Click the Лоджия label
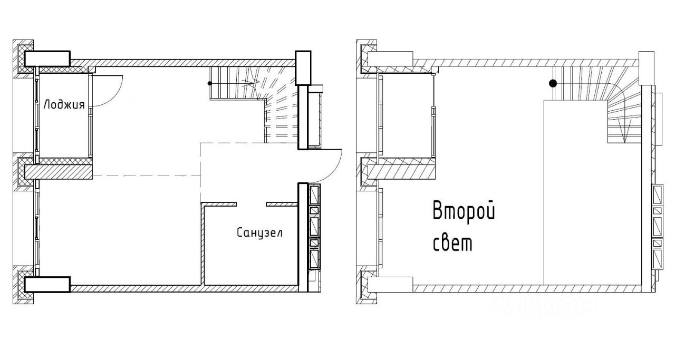pyautogui.click(x=64, y=104)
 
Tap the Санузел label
pyautogui.click(x=259, y=232)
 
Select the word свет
pyautogui.click(x=452, y=244)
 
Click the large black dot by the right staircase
pyautogui.click(x=552, y=83)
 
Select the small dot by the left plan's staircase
pyautogui.click(x=210, y=83)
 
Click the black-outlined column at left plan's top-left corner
pyautogui.click(x=47, y=59)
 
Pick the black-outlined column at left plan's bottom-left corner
pyautogui.click(x=47, y=284)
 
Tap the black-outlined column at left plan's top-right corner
pyautogui.click(x=303, y=67)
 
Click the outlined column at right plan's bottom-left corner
pyautogui.click(x=390, y=284)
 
